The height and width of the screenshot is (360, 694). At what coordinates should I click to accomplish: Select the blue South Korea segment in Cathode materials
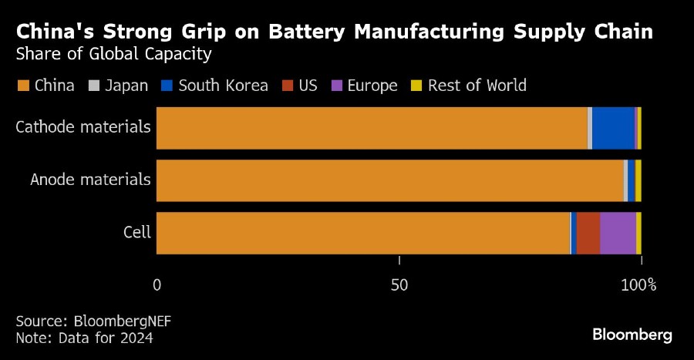613,128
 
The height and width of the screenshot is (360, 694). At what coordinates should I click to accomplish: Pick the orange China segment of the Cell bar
362,233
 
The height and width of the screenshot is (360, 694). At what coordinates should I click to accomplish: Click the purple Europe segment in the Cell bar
618,233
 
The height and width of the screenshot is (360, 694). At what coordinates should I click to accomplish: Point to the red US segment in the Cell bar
588,233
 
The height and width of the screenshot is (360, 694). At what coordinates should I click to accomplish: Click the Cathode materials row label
83,126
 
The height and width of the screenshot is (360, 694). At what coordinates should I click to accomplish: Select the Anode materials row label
90,180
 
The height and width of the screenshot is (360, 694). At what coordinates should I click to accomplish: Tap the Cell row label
137,233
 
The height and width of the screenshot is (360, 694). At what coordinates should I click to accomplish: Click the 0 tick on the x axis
157,285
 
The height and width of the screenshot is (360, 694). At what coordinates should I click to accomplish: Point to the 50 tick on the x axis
399,285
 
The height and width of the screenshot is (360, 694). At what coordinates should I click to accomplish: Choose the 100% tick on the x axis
638,285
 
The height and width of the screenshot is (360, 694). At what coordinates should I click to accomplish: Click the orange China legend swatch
22,86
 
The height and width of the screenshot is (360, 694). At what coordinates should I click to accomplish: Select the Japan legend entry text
126,86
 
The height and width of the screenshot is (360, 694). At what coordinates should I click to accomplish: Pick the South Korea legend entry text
223,86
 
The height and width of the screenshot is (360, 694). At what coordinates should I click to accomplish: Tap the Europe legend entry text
372,86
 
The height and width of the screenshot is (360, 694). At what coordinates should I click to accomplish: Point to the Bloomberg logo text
632,335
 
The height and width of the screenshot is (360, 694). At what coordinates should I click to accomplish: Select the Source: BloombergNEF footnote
93,321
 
